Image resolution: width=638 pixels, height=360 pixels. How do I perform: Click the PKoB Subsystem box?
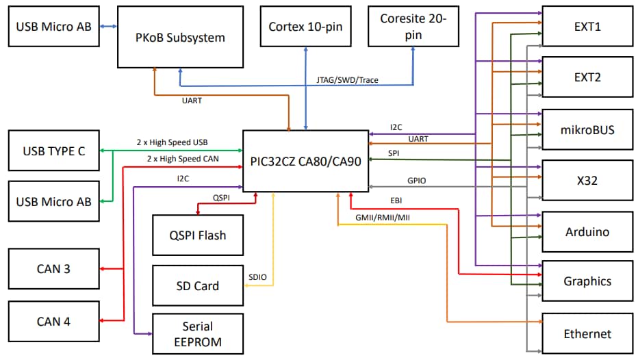click(x=180, y=37)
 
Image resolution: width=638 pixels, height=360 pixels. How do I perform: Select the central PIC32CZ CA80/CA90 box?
click(x=305, y=162)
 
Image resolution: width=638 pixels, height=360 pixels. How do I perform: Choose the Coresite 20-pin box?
click(x=413, y=27)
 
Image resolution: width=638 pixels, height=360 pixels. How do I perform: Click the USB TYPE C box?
click(x=54, y=151)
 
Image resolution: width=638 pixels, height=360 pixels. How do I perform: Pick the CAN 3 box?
click(x=53, y=269)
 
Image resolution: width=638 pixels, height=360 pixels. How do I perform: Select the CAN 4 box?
click(x=53, y=321)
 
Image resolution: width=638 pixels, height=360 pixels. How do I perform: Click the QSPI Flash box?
click(x=197, y=235)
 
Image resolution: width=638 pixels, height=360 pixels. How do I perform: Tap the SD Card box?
click(x=197, y=285)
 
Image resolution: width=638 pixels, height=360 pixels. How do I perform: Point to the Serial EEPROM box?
click(x=197, y=334)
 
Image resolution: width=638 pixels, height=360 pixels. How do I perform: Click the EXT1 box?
click(x=587, y=27)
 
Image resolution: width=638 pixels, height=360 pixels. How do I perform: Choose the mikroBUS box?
click(x=587, y=129)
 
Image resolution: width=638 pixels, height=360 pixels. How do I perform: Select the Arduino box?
click(x=587, y=232)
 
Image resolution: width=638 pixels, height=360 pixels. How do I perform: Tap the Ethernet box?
click(x=587, y=333)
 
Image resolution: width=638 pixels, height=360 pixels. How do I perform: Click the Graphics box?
click(x=587, y=281)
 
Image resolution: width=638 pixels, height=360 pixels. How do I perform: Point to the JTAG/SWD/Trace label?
click(x=347, y=80)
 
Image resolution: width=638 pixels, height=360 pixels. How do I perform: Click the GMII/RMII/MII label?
click(x=383, y=217)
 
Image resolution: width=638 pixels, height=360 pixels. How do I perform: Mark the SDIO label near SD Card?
click(x=258, y=277)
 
